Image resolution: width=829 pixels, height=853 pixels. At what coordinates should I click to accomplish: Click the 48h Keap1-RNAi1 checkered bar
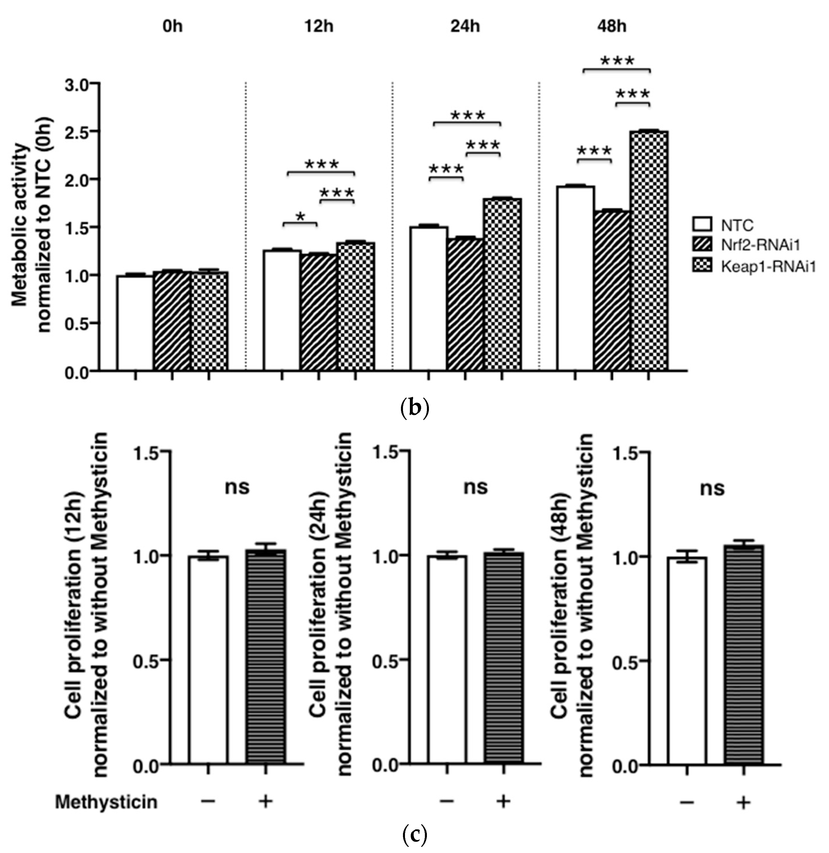(649, 250)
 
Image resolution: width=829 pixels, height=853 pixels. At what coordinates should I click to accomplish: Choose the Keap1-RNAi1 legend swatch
(702, 266)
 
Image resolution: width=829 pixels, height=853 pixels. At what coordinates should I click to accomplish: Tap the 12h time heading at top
(319, 27)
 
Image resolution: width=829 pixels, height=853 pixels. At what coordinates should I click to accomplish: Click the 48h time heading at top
(612, 27)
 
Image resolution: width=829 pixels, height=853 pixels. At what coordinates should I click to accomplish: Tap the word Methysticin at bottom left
(106, 802)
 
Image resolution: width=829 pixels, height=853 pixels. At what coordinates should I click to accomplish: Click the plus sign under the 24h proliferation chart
(503, 801)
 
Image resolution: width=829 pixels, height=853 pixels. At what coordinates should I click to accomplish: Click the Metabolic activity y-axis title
(31, 226)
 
